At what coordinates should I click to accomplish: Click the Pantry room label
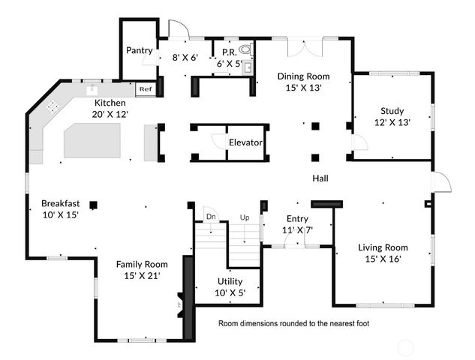click(140, 51)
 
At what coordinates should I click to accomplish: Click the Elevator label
click(245, 142)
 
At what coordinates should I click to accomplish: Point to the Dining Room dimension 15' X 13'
click(303, 88)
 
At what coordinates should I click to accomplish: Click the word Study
click(392, 111)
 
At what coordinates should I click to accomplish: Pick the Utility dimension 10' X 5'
click(230, 293)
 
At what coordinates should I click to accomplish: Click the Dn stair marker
click(210, 217)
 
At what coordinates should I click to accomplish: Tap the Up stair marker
click(244, 217)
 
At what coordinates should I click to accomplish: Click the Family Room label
click(141, 264)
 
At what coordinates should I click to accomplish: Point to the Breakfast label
click(60, 202)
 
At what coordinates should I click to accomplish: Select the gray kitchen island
click(92, 140)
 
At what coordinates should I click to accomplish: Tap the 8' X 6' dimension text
click(185, 57)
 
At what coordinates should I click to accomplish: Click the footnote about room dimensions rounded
click(293, 325)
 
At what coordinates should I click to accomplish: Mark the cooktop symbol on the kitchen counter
click(53, 106)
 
